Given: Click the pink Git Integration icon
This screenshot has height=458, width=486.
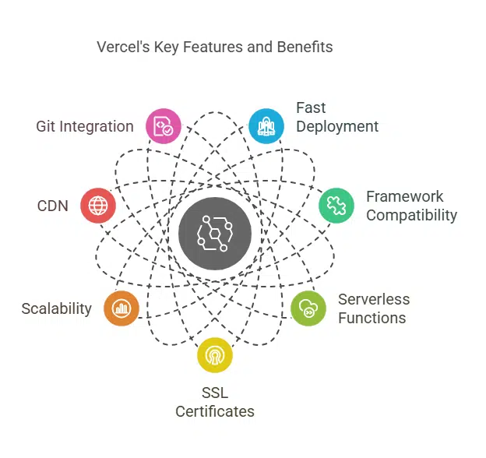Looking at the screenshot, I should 164,125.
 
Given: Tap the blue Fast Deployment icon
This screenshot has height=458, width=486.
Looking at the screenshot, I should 266,125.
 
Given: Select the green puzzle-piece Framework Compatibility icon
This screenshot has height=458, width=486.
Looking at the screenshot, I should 336,206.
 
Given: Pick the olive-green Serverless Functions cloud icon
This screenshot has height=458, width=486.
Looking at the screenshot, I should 308,308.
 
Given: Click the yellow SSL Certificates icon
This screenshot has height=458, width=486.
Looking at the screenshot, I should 214,355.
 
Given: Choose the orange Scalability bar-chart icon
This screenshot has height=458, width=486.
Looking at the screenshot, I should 121,308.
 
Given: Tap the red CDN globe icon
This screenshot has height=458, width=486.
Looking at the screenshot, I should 98,206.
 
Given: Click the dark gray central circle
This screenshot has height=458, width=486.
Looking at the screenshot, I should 214,234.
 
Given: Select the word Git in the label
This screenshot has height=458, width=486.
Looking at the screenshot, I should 47,126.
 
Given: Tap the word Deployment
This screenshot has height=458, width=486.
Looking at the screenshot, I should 337,126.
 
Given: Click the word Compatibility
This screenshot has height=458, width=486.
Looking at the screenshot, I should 411,215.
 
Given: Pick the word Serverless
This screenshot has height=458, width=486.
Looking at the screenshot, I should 373,299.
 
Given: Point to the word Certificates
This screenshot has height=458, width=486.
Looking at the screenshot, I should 214,411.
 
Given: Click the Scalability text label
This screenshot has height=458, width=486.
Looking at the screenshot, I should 57,308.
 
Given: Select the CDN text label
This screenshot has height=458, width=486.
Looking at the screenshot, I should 53,206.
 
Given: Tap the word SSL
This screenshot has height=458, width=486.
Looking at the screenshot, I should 214,393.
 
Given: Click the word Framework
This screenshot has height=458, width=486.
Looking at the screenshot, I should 404,196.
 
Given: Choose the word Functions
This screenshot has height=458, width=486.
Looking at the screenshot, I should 372,318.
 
